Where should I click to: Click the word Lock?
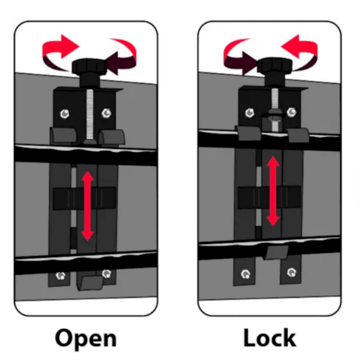pos(270,337)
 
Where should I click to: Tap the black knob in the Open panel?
pos(90,67)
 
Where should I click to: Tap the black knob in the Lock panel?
pos(274,66)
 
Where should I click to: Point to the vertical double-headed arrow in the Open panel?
pos(88,206)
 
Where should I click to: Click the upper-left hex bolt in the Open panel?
pos(65,114)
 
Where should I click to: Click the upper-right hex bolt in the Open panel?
pos(106,112)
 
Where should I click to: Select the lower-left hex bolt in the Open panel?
pos(61,276)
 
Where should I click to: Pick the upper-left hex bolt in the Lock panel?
pos(250,112)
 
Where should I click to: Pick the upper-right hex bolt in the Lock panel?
pos(292,112)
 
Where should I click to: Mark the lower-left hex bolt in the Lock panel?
pos(246,274)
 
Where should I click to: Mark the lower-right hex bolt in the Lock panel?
pos(292,272)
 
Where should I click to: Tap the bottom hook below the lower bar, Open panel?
pos(90,283)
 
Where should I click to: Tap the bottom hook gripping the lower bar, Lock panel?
pos(276,252)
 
